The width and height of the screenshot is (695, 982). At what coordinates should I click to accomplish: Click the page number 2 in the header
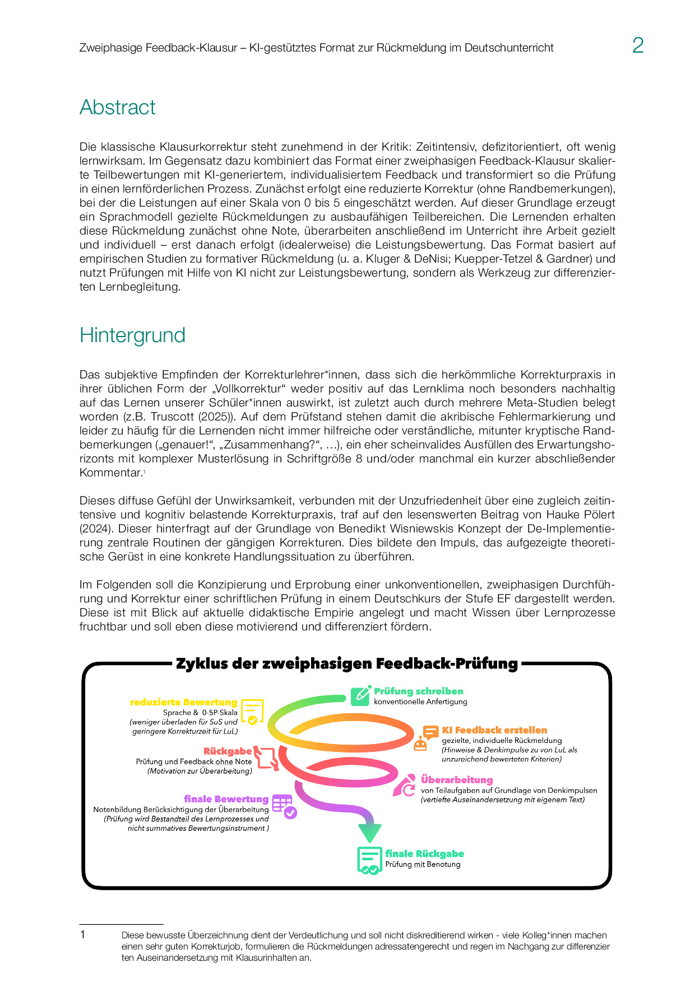638,45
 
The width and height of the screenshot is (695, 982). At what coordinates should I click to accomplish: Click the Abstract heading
118,107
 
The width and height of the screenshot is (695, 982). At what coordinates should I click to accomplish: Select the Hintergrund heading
132,335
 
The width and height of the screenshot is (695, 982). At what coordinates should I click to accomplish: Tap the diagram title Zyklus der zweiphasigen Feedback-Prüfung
346,664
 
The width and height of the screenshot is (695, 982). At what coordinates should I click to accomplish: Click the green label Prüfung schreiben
418,691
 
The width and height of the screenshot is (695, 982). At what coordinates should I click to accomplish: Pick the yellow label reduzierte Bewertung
183,702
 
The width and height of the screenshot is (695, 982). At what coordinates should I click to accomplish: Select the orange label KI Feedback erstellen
494,730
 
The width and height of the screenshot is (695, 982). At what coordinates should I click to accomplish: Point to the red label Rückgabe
228,751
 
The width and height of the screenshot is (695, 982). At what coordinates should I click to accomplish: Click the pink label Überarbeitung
457,780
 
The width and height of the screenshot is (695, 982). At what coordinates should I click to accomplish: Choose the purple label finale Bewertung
226,799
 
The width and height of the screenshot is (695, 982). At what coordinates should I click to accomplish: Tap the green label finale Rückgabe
424,854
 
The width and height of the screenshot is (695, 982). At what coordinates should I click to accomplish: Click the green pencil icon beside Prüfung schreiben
360,695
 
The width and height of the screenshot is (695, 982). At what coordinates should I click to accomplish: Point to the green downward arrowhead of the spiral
370,833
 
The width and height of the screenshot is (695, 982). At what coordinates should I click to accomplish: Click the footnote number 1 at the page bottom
83,934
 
